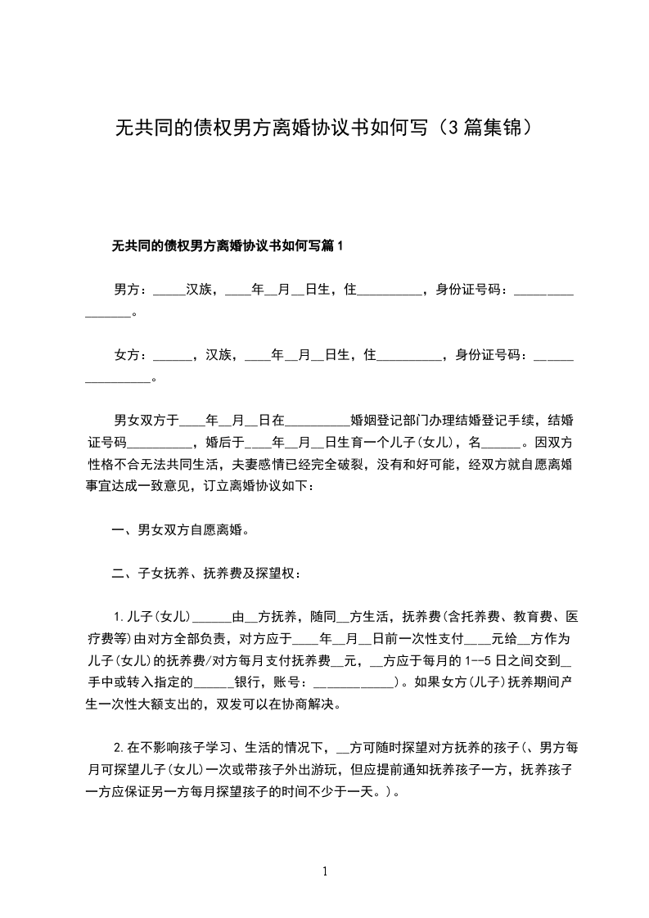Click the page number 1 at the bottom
click(x=325, y=871)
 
